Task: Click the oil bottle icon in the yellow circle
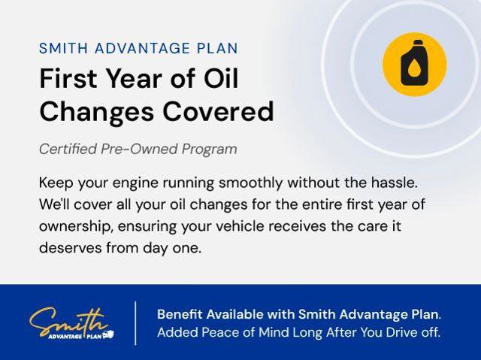414,64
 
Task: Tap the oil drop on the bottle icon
415,69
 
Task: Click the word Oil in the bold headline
219,79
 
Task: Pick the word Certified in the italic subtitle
68,149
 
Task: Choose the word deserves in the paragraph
68,247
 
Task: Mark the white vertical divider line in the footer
135,322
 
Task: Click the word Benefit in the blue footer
180,313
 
